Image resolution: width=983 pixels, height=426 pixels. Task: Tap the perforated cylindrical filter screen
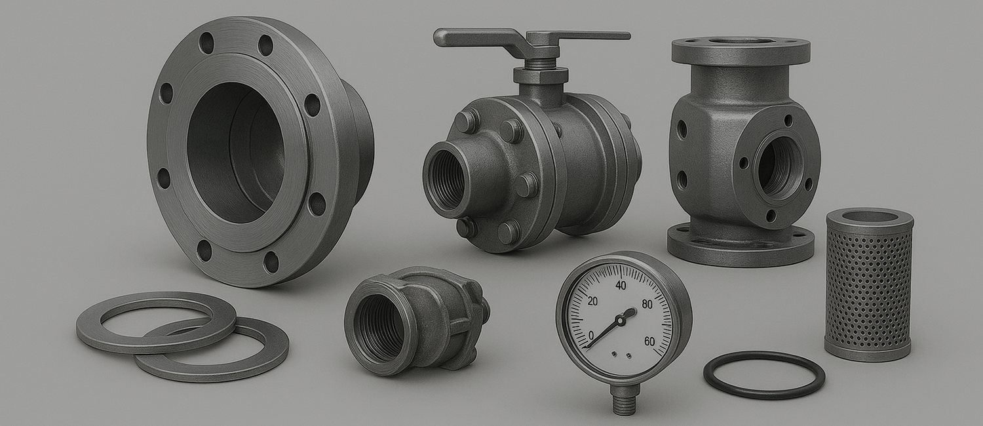[869, 285]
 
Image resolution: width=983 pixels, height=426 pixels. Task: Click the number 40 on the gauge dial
[621, 286]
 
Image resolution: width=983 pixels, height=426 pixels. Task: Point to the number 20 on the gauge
[592, 302]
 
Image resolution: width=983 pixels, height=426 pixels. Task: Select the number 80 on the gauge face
[647, 304]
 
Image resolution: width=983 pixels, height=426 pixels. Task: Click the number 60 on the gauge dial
[649, 341]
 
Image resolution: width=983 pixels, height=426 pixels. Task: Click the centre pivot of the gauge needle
[620, 320]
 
